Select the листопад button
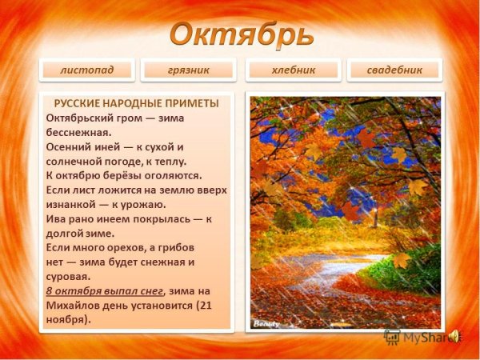pyautogui.click(x=86, y=70)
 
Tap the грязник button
pyautogui.click(x=189, y=70)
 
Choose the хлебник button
pyautogui.click(x=292, y=70)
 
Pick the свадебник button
pyautogui.click(x=394, y=70)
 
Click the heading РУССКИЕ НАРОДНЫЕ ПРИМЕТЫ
pyautogui.click(x=136, y=103)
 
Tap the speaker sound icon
pyautogui.click(x=455, y=334)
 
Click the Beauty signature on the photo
pyautogui.click(x=264, y=324)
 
